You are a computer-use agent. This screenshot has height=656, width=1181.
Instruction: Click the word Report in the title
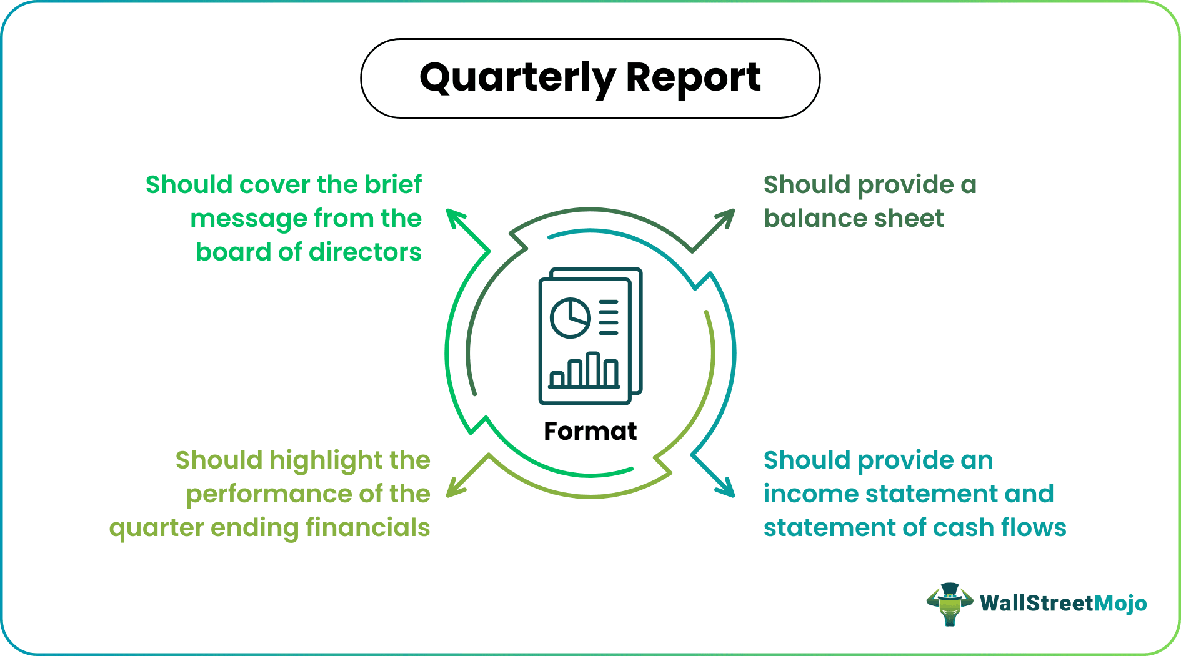pos(693,78)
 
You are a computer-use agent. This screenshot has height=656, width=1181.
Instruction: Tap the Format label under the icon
pos(590,431)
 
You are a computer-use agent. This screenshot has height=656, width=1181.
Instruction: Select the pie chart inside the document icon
pos(570,318)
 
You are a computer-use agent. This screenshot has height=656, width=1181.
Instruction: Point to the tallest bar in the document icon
pos(592,369)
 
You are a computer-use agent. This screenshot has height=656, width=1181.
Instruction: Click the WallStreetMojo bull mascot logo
pos(949,604)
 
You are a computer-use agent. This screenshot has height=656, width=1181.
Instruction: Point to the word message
pos(247,219)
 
